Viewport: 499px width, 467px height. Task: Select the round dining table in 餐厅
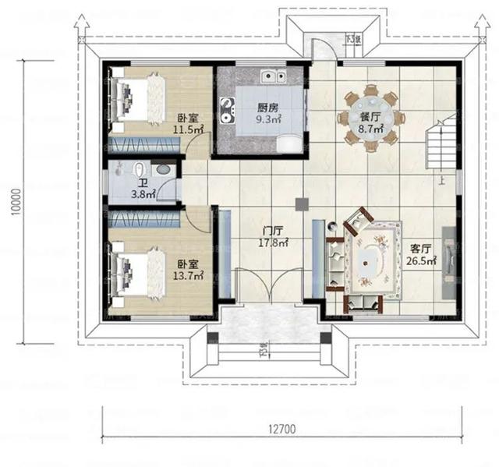[371, 118]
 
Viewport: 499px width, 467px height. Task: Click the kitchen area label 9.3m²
[269, 121]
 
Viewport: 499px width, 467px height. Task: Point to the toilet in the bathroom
[137, 172]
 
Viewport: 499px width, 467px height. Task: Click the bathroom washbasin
[163, 169]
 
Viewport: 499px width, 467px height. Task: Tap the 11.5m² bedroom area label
[188, 127]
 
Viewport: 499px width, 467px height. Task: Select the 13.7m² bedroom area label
[187, 274]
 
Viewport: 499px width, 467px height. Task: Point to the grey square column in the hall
[301, 203]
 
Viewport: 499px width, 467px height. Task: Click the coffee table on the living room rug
[373, 258]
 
